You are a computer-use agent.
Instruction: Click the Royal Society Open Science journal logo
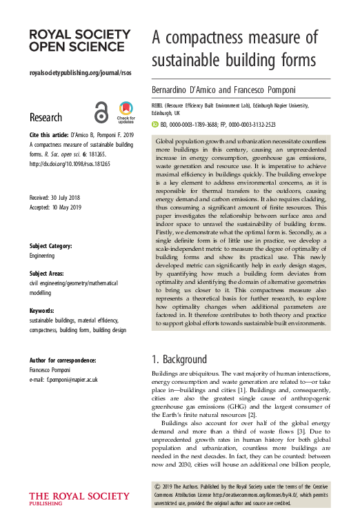tap(80, 41)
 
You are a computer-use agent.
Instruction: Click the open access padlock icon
tap(101, 112)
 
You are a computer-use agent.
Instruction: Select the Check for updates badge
tap(125, 112)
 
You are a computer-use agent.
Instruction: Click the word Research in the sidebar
tap(46, 117)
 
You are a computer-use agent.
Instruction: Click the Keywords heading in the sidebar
tap(46, 310)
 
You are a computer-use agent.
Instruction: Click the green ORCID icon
tap(154, 125)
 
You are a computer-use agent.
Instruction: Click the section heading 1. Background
tap(179, 359)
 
